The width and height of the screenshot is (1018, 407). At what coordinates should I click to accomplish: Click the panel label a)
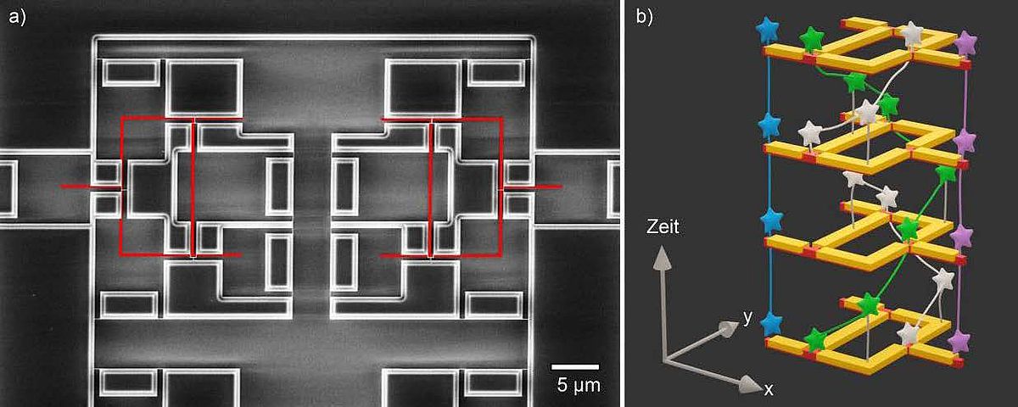point(18,18)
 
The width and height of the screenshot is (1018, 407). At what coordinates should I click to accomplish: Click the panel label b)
point(644,17)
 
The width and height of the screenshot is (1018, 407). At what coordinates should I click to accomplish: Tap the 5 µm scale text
point(578,385)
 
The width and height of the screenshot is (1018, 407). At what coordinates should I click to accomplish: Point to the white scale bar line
point(575,366)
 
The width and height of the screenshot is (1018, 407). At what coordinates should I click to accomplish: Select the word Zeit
point(663,226)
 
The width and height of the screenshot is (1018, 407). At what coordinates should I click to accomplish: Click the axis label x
point(768,389)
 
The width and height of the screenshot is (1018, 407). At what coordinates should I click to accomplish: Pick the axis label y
point(747,317)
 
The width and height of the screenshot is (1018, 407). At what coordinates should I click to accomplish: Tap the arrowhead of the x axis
point(750,385)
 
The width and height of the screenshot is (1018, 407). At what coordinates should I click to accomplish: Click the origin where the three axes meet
point(665,360)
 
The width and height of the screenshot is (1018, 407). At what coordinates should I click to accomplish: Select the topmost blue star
point(768,30)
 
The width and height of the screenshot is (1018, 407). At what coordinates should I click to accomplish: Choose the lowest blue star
point(770,324)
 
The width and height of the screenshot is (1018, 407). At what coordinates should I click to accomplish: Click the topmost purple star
point(965,44)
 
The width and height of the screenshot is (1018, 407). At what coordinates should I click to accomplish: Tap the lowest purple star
point(959,341)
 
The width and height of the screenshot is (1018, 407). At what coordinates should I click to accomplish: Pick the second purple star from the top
point(965,142)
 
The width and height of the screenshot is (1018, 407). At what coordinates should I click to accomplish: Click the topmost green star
point(812,40)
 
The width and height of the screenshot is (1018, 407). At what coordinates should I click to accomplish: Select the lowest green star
point(816,339)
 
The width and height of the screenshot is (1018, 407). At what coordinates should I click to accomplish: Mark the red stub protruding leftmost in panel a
point(92,187)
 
